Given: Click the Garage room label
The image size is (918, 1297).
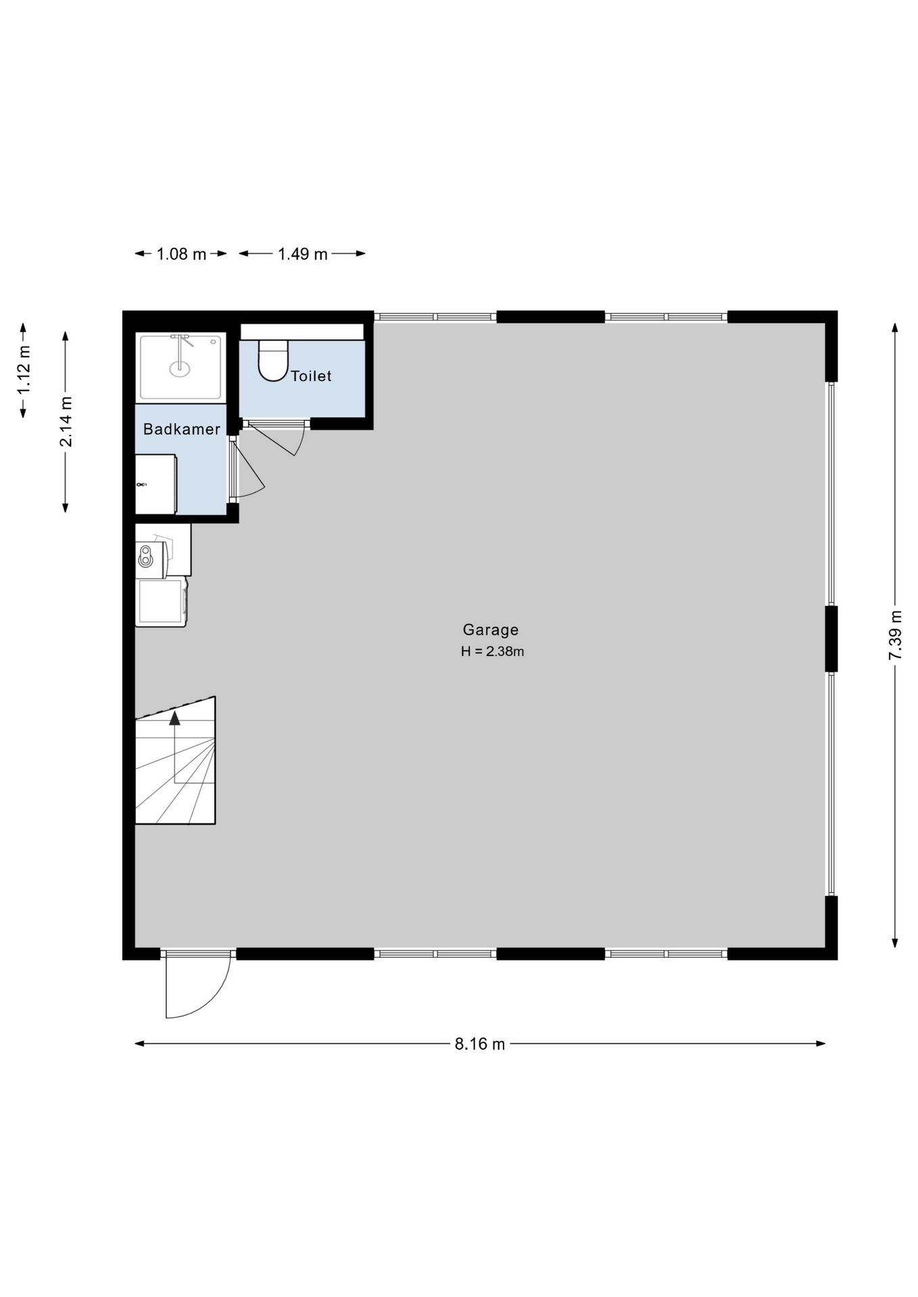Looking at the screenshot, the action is tap(491, 630).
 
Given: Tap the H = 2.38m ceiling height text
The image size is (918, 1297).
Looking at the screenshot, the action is tap(493, 652).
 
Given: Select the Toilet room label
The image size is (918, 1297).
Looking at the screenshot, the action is tap(311, 376).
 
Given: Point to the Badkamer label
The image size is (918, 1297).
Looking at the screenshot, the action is tap(182, 429).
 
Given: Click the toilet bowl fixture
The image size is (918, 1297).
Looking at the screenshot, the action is tap(273, 361).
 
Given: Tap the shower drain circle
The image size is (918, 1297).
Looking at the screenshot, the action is tap(180, 369).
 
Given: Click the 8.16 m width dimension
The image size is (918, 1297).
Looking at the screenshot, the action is tap(480, 1044).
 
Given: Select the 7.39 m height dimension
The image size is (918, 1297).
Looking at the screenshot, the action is tap(895, 635).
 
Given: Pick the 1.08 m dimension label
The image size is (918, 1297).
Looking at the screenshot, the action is tap(181, 254).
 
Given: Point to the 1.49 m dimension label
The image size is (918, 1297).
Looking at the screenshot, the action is tap(302, 254).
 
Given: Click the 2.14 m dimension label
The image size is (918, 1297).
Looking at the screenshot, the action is tap(66, 422).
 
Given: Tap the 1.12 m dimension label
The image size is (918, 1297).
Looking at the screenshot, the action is tap(24, 370).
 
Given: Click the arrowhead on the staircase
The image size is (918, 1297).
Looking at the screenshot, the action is tap(175, 718).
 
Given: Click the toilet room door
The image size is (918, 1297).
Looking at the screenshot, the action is tap(270, 439).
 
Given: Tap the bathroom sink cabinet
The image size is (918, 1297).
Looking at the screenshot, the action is tap(156, 484).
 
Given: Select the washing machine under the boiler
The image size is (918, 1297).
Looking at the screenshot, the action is tap(161, 602).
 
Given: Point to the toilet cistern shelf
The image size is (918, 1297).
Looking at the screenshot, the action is tap(302, 332).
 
